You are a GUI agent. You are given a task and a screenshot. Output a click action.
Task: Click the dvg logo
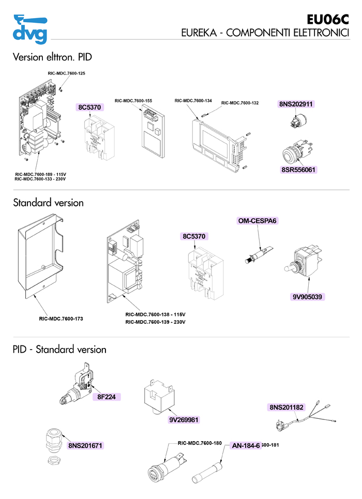31,29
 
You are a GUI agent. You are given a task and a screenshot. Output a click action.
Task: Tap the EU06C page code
328,20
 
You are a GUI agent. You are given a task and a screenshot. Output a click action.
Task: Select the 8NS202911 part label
297,104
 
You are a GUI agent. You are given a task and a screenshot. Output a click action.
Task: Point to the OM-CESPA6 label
258,221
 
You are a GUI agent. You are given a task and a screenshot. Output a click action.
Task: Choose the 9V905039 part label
309,297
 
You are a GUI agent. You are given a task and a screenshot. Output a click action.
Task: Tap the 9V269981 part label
184,419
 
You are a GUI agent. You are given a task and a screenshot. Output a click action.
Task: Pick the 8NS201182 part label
286,407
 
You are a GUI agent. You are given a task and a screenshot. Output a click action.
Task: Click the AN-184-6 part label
246,446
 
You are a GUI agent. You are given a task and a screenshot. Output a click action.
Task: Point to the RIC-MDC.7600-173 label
61,319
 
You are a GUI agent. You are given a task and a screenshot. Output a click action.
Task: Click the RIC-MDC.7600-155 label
133,100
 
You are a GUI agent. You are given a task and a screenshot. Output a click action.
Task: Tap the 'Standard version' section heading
48,203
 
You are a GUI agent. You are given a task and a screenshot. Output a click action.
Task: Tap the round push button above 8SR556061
292,154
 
